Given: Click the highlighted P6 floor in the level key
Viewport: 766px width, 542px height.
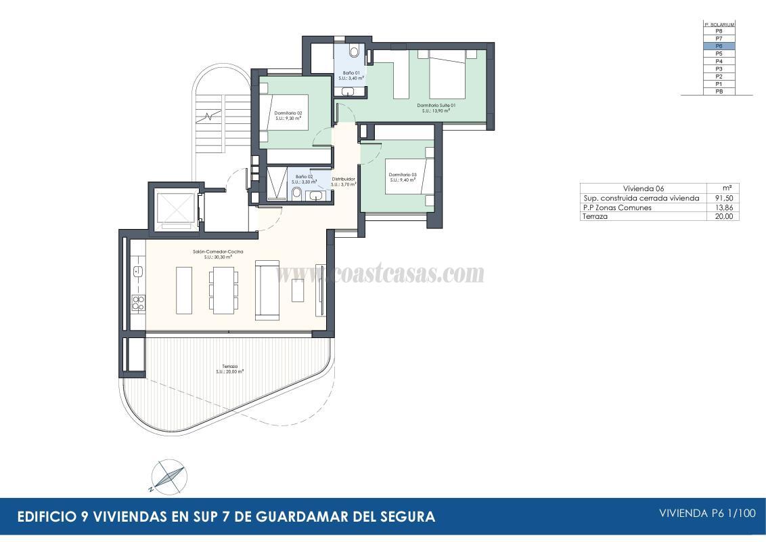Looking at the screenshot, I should point(719,46).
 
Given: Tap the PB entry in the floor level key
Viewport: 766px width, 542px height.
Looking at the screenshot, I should point(719,91).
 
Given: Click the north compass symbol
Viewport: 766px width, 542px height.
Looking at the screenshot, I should point(166,476).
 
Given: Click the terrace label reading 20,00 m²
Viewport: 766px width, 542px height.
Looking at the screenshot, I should point(230,369).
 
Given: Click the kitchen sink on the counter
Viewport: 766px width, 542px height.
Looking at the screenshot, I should point(137,272).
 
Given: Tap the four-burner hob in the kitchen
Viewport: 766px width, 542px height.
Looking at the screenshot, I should point(138,303).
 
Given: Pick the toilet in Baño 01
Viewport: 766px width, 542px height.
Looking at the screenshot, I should point(355,51).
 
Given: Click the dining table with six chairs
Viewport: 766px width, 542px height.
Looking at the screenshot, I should point(223,290).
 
